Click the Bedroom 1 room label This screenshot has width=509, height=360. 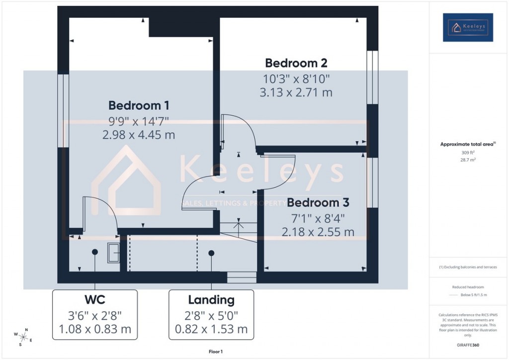(139, 105)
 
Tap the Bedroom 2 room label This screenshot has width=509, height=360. (296, 63)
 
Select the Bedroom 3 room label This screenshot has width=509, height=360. (318, 203)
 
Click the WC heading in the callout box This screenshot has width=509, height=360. (94, 300)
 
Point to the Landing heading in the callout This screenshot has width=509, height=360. (211, 300)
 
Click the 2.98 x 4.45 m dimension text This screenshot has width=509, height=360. (139, 135)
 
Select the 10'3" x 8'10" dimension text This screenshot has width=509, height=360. (296, 78)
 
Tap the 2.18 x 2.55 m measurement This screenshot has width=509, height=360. (318, 232)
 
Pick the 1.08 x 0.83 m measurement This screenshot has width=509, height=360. (94, 329)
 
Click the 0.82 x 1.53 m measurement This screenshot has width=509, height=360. (211, 329)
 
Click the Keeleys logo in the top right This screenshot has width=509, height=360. (468, 27)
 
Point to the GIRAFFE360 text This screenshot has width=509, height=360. (468, 345)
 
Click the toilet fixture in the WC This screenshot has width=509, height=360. (113, 253)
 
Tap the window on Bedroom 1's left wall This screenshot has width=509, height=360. (63, 110)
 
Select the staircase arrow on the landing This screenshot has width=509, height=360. (239, 226)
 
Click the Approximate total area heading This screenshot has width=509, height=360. (467, 144)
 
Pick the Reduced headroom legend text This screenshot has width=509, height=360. (468, 287)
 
